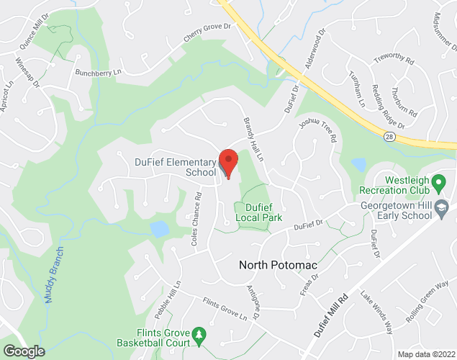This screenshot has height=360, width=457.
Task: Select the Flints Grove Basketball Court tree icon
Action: point(199,334)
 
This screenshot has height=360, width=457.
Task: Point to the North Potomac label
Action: point(278,265)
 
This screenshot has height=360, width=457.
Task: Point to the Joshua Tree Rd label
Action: point(318,132)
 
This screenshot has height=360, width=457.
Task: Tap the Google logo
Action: point(24,351)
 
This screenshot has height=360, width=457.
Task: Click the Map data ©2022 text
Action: point(425,354)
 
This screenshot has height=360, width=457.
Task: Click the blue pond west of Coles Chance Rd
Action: point(159,229)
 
